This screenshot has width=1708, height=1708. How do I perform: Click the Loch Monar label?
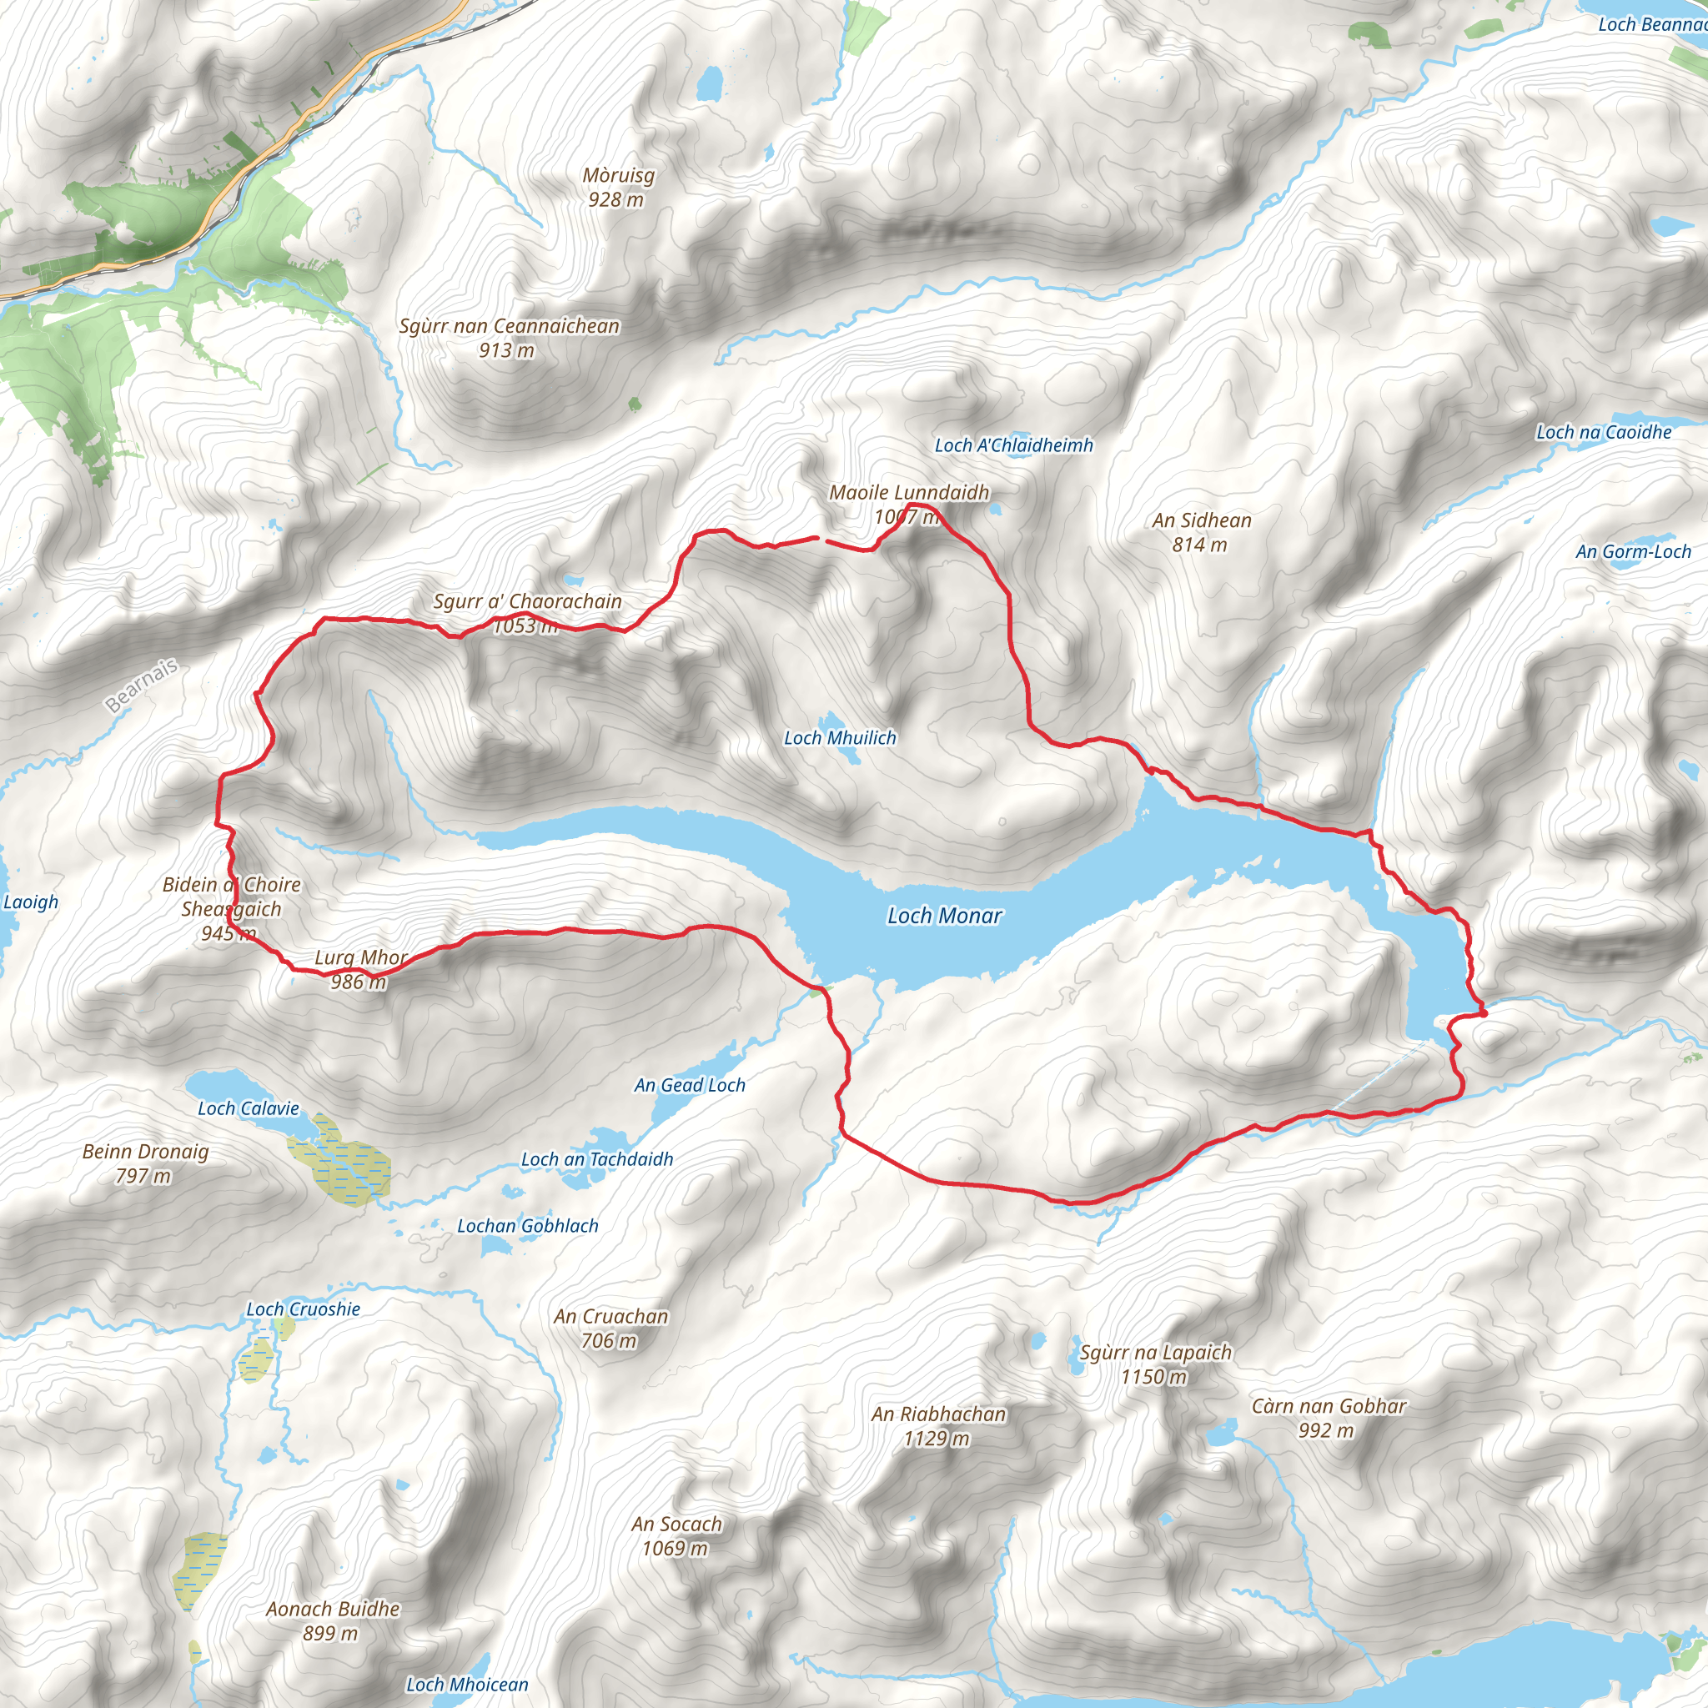click(x=944, y=916)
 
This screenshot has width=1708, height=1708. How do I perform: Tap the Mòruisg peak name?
click(x=618, y=175)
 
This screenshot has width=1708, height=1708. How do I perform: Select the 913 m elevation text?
click(x=506, y=351)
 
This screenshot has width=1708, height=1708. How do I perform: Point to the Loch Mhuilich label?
click(x=840, y=737)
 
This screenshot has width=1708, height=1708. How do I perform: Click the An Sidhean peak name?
click(x=1202, y=520)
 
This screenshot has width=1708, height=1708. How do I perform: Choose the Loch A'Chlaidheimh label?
click(x=1014, y=445)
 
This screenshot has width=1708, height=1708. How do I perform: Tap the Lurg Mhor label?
click(x=360, y=957)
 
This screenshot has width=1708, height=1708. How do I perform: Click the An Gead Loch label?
click(x=690, y=1085)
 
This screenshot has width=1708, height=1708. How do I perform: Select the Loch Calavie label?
click(x=249, y=1108)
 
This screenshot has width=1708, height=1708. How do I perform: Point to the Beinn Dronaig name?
click(x=146, y=1151)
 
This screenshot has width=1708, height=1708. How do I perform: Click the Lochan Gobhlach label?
click(x=528, y=1225)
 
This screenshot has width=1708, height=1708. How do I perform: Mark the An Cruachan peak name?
click(x=610, y=1316)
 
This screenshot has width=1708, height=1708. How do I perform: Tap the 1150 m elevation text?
click(x=1153, y=1376)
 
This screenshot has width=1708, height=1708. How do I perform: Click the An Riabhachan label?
click(x=939, y=1414)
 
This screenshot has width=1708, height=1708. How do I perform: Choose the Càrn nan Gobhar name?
click(x=1329, y=1405)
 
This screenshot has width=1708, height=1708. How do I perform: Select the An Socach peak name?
click(x=676, y=1525)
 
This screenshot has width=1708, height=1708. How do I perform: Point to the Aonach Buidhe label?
click(x=334, y=1609)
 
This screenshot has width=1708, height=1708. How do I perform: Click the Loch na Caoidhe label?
click(x=1604, y=432)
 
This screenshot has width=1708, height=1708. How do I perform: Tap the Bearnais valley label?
click(x=142, y=686)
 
